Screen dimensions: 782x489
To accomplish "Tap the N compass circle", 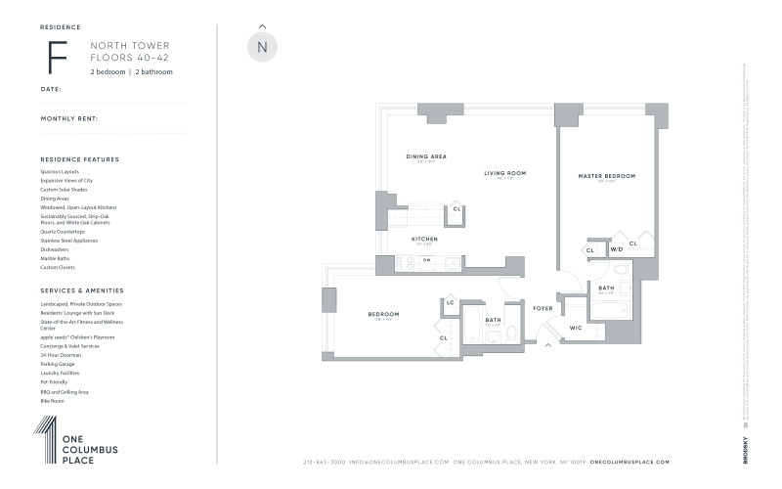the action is point(262,47).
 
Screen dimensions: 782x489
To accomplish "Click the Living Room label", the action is point(504,173).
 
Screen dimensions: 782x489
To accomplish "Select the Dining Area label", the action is point(426,156).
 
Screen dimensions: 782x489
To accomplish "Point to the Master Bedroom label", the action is point(606,176).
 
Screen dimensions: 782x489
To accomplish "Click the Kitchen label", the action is point(424,239).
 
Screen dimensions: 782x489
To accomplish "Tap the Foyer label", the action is point(543,308).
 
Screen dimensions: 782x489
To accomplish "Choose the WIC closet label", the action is point(576,328).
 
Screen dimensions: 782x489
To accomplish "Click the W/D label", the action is point(616,250).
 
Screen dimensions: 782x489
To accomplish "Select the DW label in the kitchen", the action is point(427,260).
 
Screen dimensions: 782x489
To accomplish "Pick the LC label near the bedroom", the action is point(450,302).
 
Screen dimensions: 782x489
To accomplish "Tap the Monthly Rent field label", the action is point(69,118).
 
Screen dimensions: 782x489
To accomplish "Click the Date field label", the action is point(51,88).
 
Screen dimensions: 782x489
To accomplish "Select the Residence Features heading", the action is point(80,158).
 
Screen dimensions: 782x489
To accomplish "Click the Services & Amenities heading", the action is point(82,290).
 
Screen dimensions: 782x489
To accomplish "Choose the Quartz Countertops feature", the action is point(64,232).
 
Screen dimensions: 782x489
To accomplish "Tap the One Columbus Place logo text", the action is point(90,449).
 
